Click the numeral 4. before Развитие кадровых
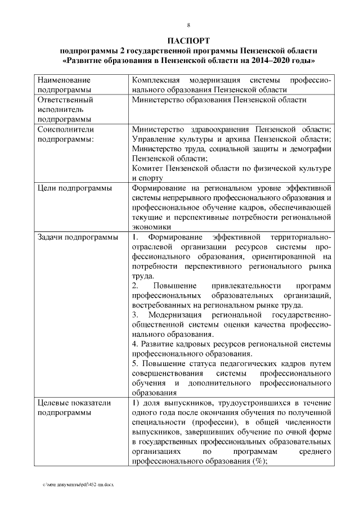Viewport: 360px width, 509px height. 135,344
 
